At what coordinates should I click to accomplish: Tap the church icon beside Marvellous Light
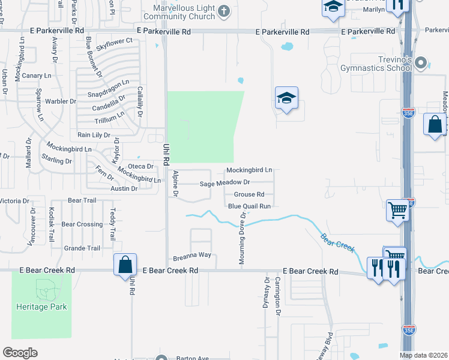[224, 11]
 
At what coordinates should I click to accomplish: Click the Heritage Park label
[41, 307]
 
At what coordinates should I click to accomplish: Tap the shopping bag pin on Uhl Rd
[124, 265]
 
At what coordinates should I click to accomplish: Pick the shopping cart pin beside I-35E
[397, 211]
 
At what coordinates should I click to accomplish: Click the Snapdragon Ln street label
[109, 88]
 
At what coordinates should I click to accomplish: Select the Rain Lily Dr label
[94, 135]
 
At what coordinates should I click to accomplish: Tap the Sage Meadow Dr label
[224, 182]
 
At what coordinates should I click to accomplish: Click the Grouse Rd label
[249, 194]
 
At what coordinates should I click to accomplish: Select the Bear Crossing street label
[82, 224]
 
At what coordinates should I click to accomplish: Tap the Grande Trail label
[82, 248]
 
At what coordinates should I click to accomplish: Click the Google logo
[20, 352]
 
